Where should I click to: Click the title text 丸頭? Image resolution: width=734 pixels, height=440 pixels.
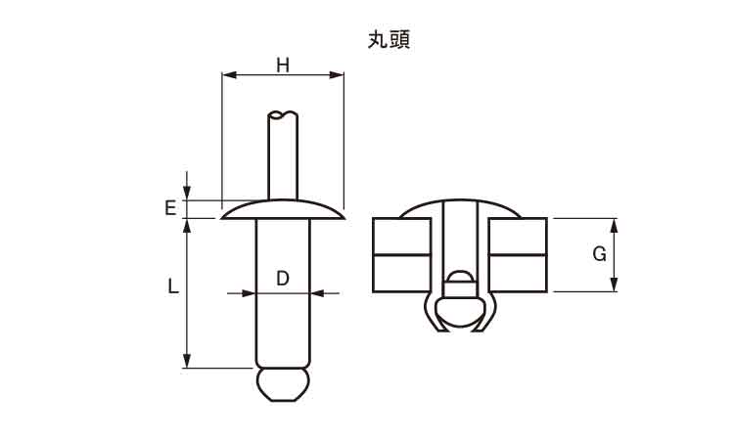(389, 40)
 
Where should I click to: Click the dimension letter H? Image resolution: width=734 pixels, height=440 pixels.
(283, 66)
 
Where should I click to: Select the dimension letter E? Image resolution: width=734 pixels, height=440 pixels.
(170, 207)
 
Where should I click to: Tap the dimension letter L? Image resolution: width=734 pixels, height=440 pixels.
(172, 286)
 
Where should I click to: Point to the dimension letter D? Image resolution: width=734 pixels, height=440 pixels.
(283, 279)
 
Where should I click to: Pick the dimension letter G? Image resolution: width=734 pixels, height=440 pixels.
(599, 254)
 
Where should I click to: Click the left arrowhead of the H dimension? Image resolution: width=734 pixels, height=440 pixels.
(229, 75)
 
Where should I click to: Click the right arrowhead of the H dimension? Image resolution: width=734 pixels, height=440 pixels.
(337, 75)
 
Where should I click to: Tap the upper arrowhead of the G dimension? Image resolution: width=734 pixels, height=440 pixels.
(615, 226)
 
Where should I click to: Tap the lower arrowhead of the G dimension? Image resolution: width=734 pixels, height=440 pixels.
(615, 285)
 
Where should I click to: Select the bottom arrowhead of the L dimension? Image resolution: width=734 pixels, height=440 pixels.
(187, 361)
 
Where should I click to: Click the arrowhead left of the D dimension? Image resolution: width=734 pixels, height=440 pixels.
(249, 293)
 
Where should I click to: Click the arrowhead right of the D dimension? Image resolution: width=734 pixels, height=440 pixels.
(318, 293)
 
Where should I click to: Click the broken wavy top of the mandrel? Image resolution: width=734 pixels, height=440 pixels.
(283, 114)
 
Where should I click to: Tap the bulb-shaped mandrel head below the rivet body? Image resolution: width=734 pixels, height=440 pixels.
(283, 384)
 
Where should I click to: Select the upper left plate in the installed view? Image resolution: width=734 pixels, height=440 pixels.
(401, 237)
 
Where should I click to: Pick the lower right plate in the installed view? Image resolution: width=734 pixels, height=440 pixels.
(518, 274)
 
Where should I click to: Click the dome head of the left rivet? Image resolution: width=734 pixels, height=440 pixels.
(283, 209)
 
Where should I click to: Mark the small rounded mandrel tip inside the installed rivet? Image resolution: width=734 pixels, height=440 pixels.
(459, 277)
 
